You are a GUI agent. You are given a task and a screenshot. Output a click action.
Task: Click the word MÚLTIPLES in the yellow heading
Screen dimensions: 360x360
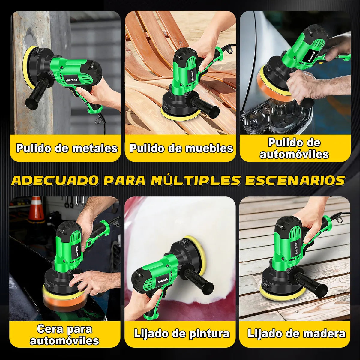coord(196,180)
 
